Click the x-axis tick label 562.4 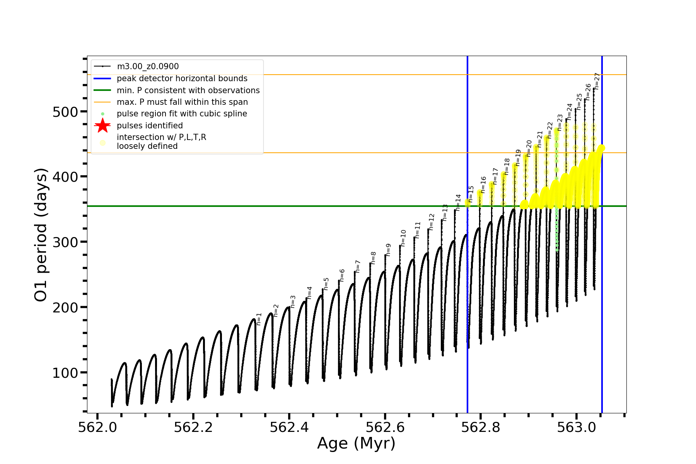[289, 427]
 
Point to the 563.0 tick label [577, 427]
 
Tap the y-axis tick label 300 [65, 242]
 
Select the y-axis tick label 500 [65, 112]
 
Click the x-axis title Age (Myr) [356, 444]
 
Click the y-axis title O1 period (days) [41, 235]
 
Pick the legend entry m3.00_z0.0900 [148, 67]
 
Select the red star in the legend [102, 126]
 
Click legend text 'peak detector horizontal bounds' [182, 78]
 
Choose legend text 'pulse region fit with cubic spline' [182, 114]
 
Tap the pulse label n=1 [259, 319]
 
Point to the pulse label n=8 [374, 258]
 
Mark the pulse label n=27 [597, 81]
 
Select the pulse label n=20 [529, 148]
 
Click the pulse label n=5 [326, 284]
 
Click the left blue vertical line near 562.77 [467, 271]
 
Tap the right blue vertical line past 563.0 [602, 271]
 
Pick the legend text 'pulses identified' [150, 126]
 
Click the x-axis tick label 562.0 [97, 427]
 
